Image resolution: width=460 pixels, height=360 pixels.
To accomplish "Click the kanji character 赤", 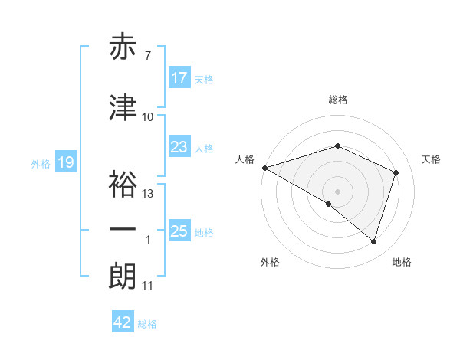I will [123, 47].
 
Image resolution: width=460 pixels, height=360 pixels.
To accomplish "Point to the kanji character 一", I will [123, 229].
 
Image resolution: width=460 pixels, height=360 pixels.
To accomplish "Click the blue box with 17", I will [179, 78].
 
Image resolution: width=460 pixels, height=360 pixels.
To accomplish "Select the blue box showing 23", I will [179, 147].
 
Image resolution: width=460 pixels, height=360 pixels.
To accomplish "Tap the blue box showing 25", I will [179, 231].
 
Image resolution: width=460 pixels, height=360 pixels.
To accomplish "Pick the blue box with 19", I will [66, 162].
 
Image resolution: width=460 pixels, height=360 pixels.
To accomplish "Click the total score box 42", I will [123, 322].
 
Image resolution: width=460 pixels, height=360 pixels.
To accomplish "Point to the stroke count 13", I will [148, 194].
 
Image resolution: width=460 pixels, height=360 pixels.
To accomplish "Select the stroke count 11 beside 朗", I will [148, 286].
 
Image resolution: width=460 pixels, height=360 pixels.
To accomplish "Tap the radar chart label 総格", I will [338, 100].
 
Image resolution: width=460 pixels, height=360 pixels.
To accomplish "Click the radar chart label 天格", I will [431, 159].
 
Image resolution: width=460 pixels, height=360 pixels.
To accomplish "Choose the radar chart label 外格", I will [270, 262].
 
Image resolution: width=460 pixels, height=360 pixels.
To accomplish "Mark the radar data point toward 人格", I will [264, 167].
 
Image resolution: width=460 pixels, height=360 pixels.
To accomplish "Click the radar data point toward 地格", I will [373, 242].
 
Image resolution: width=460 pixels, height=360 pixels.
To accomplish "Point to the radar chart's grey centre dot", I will [337, 191].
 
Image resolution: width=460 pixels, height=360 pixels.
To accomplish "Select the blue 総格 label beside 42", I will [147, 323].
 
